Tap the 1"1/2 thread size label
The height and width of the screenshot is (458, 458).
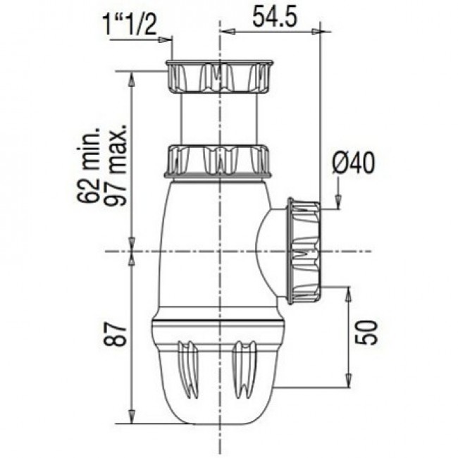(x=130, y=25)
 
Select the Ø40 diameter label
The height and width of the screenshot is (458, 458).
(x=354, y=163)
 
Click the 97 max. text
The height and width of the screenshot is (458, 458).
(x=116, y=166)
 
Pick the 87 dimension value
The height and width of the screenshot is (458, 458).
(x=116, y=334)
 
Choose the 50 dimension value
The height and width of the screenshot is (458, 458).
(x=366, y=333)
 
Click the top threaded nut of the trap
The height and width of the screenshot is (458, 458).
(x=219, y=77)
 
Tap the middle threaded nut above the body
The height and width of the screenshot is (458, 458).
(x=218, y=161)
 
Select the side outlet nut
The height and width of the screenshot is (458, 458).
(x=304, y=251)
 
